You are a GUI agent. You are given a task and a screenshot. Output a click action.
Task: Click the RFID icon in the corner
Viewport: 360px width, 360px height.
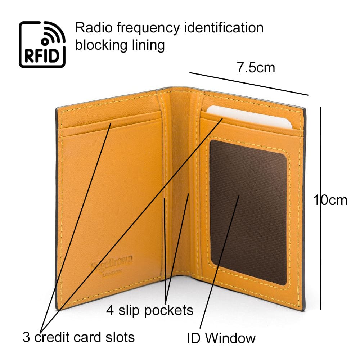42,44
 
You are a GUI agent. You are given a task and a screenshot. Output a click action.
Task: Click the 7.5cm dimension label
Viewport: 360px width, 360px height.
256,67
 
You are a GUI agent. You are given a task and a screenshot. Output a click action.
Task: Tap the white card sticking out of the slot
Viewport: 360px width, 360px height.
252,116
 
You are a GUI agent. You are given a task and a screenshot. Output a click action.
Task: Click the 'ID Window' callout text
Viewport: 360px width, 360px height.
221,338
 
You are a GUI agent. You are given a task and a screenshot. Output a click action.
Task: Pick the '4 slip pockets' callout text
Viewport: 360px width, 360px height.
149,310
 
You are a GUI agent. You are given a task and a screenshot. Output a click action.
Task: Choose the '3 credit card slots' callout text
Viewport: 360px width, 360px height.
78,337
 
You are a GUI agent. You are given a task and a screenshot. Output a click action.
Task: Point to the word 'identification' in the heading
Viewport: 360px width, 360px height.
224,27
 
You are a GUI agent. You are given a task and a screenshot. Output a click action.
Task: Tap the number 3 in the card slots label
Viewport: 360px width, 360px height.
27,337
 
